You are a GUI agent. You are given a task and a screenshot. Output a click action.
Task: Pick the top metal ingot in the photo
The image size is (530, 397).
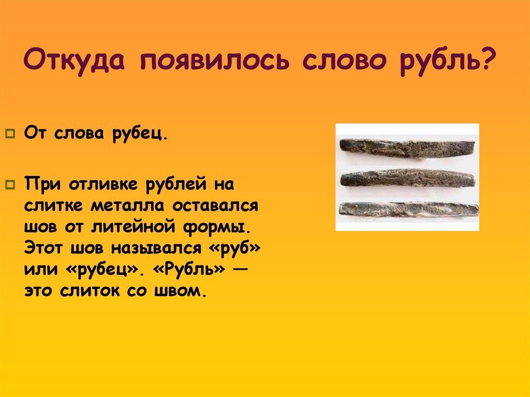pyautogui.click(x=406, y=148)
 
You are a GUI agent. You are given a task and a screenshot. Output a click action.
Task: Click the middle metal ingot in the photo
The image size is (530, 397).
pyautogui.click(x=408, y=178)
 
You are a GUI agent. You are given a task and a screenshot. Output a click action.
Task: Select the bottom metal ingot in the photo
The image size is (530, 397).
pyautogui.click(x=408, y=209)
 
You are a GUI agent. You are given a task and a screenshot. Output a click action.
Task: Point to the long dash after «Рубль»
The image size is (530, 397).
pyautogui.click(x=240, y=271)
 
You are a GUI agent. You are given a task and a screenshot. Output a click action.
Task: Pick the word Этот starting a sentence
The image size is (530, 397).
pyautogui.click(x=41, y=249)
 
